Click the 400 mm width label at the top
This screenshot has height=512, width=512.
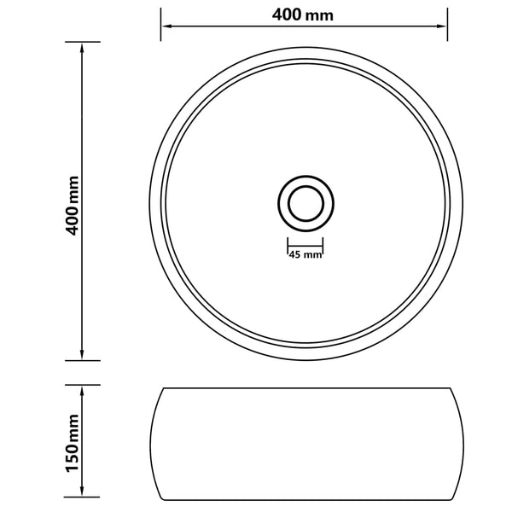coord(304,15)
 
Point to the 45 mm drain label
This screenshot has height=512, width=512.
coord(305,254)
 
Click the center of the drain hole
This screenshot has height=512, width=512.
coord(305,203)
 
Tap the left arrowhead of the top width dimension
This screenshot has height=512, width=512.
coord(166,26)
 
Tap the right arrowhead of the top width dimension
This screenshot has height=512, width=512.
coord(442,26)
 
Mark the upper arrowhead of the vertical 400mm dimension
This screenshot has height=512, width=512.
coord(82,48)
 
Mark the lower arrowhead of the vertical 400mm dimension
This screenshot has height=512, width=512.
coord(82,354)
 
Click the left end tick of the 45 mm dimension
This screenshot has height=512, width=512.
coord(286,248)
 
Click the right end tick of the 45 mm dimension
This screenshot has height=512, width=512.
coord(323,248)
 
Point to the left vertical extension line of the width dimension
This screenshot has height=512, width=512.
coord(160,26)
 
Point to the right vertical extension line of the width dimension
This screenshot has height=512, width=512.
coord(447,26)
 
